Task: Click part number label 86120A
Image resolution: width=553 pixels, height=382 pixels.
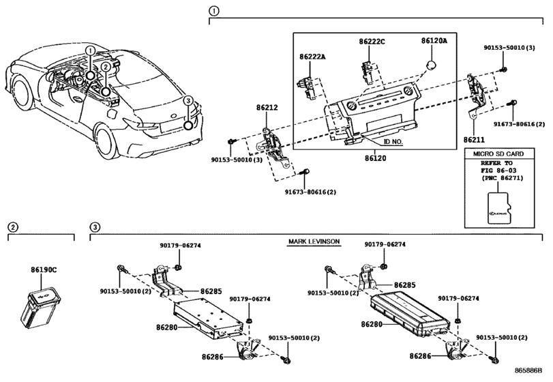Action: point(434,41)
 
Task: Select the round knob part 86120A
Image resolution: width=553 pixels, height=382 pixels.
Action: point(432,65)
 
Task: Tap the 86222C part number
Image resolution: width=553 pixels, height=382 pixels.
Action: point(372,42)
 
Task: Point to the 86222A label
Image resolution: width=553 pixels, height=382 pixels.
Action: point(312,57)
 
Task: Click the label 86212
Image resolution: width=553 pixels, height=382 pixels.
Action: point(267,108)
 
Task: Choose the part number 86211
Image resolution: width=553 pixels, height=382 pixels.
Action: point(474,140)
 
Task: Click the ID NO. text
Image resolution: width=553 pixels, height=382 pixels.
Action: point(393,142)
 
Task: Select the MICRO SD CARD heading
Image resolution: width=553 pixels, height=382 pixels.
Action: point(498,153)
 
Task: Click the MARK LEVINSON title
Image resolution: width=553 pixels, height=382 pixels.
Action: point(314,241)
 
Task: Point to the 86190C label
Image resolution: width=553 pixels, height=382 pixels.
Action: point(44,270)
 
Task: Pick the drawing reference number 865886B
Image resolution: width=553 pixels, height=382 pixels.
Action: point(528,370)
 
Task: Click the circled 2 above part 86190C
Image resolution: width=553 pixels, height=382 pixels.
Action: point(13,227)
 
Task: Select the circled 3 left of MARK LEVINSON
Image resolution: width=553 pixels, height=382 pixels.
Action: point(95,227)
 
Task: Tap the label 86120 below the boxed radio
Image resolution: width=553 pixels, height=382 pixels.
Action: point(375,158)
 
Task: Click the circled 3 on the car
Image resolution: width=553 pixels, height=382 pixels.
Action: point(188,101)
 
